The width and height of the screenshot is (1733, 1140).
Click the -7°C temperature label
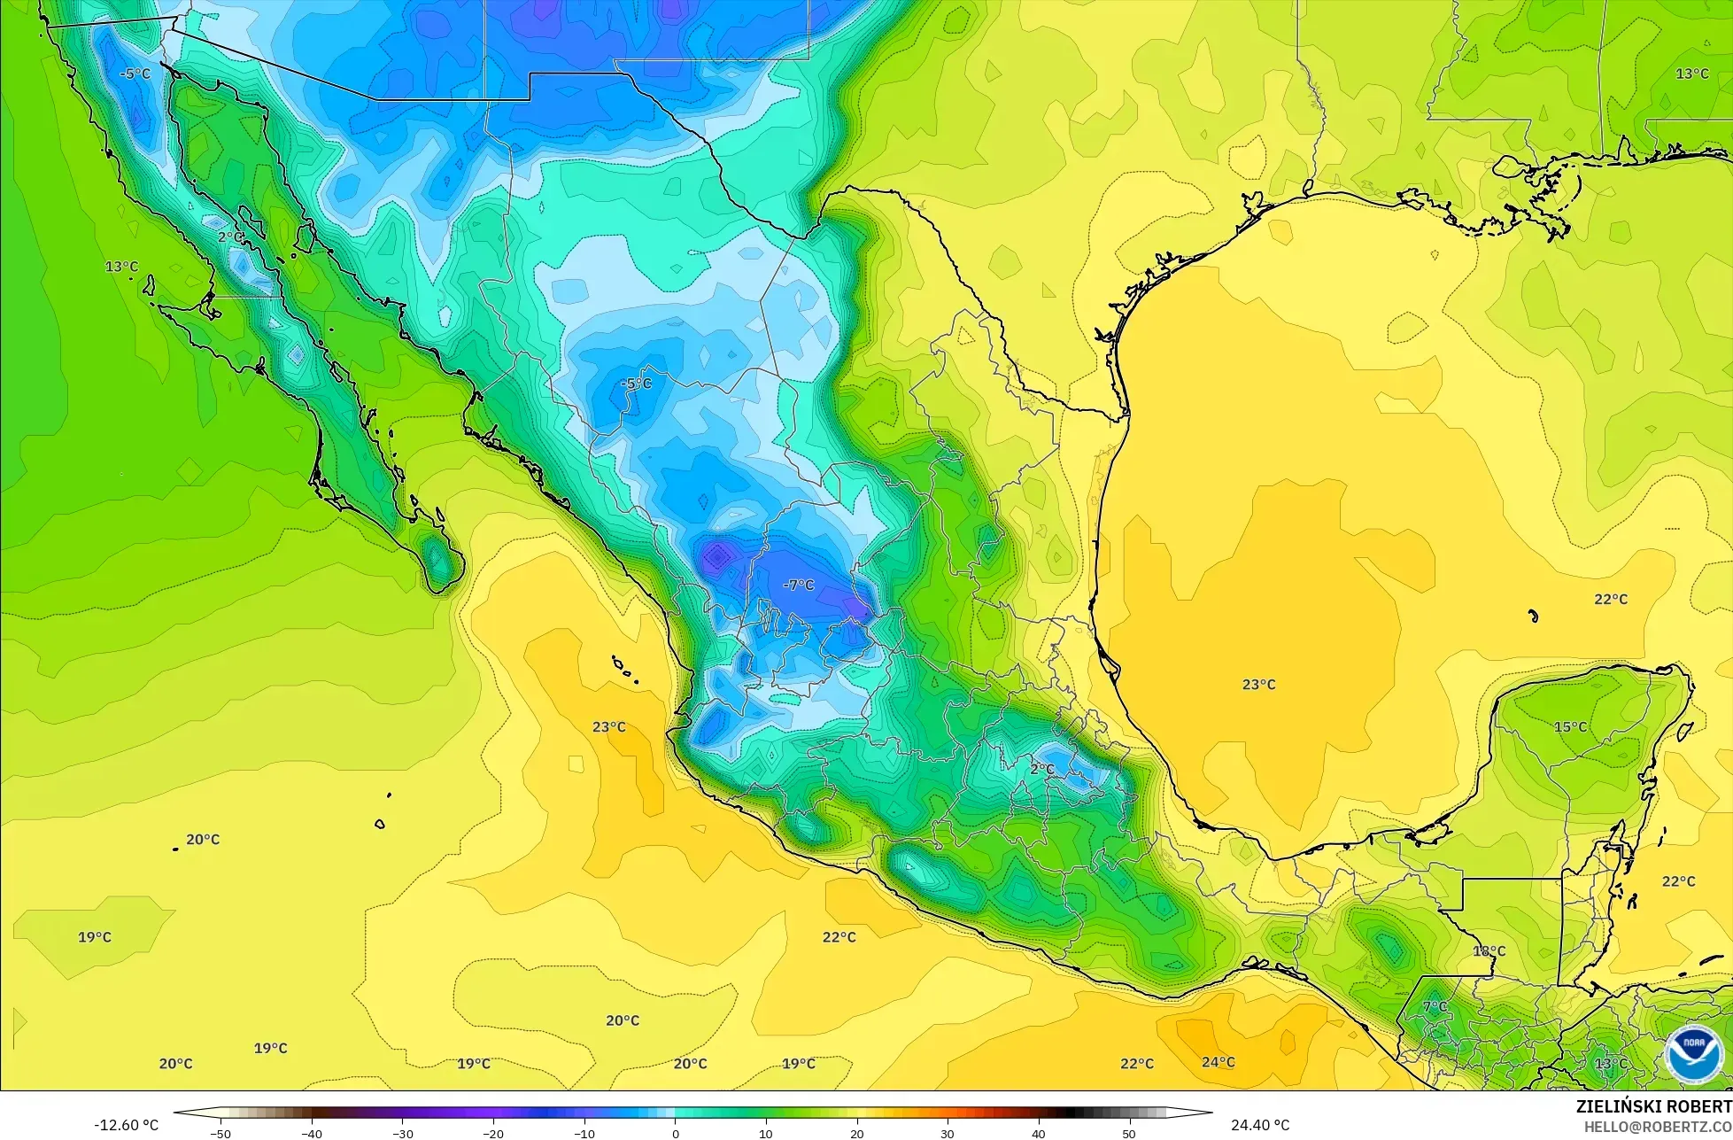(798, 586)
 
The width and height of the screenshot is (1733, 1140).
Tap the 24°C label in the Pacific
(1218, 1062)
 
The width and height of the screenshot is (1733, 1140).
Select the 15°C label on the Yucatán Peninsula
(1570, 727)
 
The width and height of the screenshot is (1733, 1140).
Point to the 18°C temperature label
(1489, 951)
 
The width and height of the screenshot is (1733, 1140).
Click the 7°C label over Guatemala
(1435, 1007)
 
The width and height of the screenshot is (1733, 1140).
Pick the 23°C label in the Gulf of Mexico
(1258, 685)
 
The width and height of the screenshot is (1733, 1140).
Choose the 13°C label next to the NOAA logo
(1611, 1064)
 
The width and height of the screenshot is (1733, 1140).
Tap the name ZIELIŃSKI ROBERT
(1653, 1106)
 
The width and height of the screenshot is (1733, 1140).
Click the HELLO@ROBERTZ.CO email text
(1658, 1126)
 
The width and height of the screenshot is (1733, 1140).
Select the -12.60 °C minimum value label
(126, 1125)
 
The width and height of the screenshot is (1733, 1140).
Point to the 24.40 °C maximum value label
(1259, 1125)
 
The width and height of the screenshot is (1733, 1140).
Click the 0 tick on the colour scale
(675, 1133)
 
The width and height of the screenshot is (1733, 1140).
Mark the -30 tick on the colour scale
(402, 1133)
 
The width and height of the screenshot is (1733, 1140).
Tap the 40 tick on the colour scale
(1039, 1133)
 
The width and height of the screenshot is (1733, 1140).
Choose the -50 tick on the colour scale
(220, 1133)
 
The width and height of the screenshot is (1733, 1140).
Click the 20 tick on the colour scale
(857, 1133)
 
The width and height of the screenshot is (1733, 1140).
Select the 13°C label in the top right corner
(1691, 74)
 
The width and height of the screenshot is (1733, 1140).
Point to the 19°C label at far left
(94, 937)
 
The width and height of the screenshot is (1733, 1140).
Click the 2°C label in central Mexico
(1041, 769)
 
